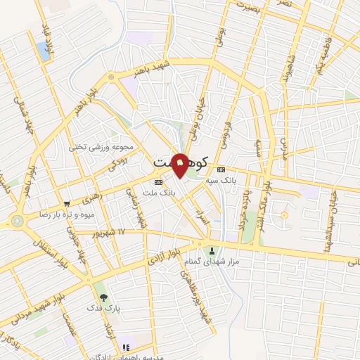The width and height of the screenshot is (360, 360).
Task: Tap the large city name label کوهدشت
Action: pyautogui.click(x=180, y=162)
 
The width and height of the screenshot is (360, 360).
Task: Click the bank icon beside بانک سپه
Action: pyautogui.click(x=221, y=169)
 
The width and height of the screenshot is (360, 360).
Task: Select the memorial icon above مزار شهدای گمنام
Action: pyautogui.click(x=210, y=251)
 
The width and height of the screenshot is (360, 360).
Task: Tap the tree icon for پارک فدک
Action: pyautogui.click(x=104, y=297)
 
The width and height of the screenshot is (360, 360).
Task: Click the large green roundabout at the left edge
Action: pyautogui.click(x=18, y=220)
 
